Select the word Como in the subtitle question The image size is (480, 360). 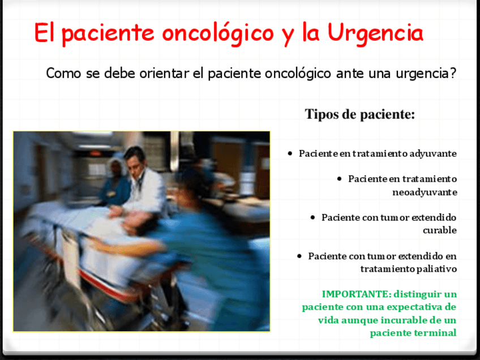[x=63, y=73]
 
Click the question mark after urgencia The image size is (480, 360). [x=453, y=73]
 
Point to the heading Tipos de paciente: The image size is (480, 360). [x=359, y=114]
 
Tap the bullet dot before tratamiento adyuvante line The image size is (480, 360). [x=290, y=153]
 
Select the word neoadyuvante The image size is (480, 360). [x=425, y=192]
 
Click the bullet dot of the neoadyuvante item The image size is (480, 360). [x=339, y=178]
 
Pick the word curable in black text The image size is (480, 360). [x=440, y=230]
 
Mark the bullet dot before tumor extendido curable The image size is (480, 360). [x=312, y=217]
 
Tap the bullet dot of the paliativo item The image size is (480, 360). [x=299, y=256]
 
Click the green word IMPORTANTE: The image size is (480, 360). [x=357, y=294]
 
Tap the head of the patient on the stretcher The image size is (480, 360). [x=137, y=221]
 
